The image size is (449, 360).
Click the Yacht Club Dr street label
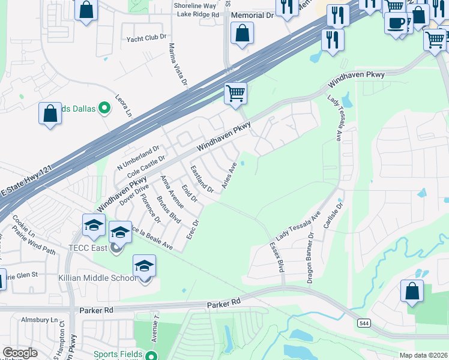(x=146, y=38)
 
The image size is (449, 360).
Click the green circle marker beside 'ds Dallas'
(x=104, y=109)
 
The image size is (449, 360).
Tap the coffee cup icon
(x=396, y=23)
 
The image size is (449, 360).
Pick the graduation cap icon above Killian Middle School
(x=144, y=265)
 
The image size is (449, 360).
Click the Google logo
(x=20, y=353)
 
